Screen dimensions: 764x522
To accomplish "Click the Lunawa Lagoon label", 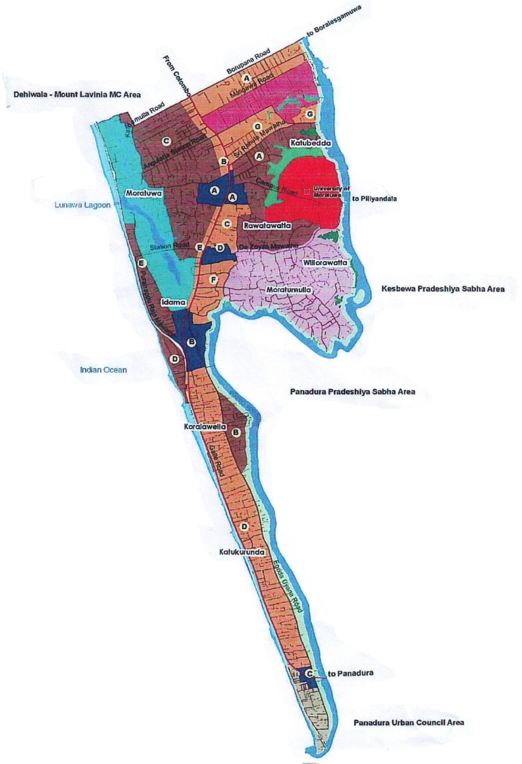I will click(x=83, y=205).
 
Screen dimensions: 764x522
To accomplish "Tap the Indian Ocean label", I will click(x=103, y=370).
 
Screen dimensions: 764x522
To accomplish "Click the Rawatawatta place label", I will click(x=267, y=225).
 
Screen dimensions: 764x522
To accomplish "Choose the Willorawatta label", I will click(x=325, y=262).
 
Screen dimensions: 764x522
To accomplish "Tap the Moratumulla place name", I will click(x=288, y=290).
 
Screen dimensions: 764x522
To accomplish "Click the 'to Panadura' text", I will click(x=350, y=673).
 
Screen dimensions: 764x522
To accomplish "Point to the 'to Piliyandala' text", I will click(x=374, y=199).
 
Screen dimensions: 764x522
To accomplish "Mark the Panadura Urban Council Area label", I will click(x=409, y=722).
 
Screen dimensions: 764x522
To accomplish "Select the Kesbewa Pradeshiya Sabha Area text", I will click(x=443, y=289).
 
